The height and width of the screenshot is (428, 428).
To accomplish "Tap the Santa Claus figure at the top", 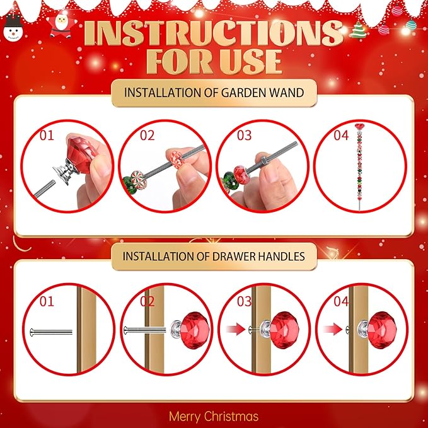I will point(60,25).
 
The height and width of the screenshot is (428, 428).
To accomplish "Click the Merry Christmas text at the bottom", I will point(213,416).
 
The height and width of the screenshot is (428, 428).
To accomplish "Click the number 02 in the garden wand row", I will point(146,135).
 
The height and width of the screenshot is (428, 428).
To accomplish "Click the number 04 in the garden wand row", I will point(340,135).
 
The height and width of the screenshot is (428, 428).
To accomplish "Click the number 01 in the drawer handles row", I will point(47,301).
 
